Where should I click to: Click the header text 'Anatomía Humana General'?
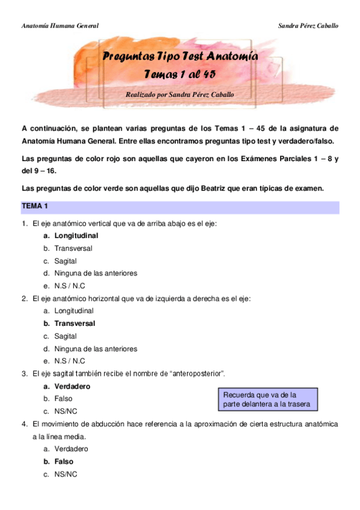click(x=59, y=26)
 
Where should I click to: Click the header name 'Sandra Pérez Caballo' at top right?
click(x=308, y=26)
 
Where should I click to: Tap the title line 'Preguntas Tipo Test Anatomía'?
click(x=180, y=57)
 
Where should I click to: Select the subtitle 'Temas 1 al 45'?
click(x=180, y=74)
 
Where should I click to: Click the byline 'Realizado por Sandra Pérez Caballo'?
click(x=180, y=94)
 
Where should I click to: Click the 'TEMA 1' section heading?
click(x=35, y=206)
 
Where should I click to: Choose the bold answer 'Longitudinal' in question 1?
click(x=76, y=236)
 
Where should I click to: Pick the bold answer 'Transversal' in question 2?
click(x=75, y=324)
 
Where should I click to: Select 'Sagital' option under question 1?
click(x=66, y=261)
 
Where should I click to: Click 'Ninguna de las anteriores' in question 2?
click(x=96, y=349)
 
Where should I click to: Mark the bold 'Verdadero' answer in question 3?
click(x=72, y=386)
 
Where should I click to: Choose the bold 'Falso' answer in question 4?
click(x=64, y=462)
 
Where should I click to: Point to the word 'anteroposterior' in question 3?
click(x=197, y=374)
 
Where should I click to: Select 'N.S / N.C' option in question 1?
click(x=70, y=286)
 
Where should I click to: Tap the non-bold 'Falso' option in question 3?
click(x=63, y=399)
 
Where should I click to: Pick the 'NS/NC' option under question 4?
click(x=66, y=475)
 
